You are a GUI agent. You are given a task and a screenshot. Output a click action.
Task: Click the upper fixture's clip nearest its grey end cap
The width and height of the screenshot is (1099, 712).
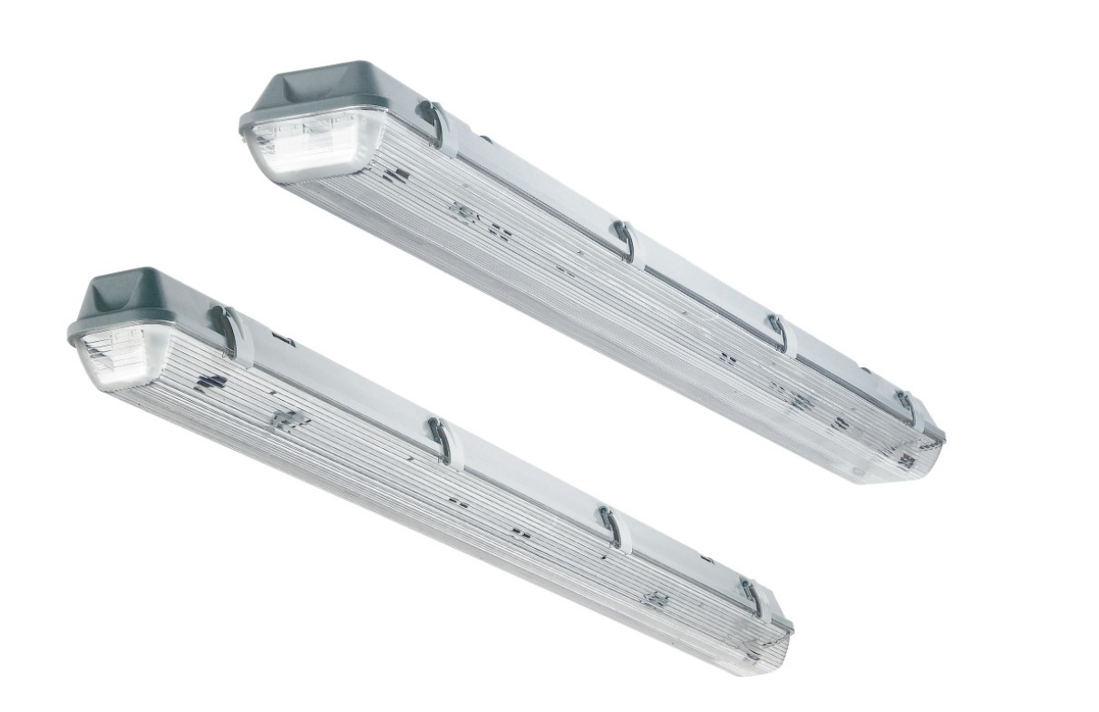point(435,126)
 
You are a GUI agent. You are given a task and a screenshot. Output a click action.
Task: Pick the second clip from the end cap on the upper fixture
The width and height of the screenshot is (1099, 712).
point(624,241)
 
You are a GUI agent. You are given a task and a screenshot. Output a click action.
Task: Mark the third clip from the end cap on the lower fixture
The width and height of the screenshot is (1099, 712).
point(615,529)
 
